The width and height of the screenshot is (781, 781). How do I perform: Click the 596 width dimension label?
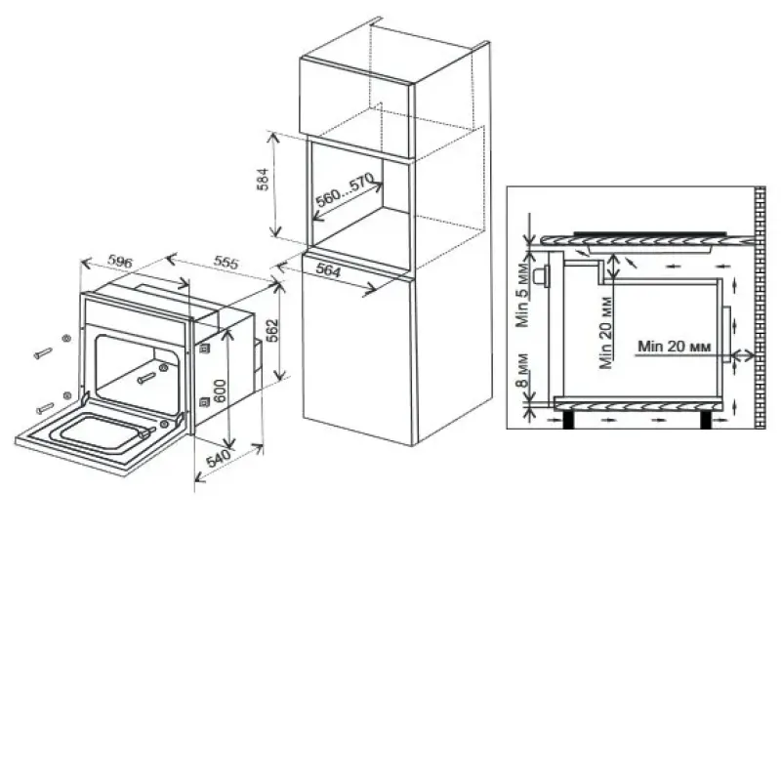120,261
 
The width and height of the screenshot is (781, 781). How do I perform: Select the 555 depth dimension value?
226,262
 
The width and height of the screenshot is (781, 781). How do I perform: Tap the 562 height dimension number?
272,330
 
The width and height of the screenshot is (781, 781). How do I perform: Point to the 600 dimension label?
220,392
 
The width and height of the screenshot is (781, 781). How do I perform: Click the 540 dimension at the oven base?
219,458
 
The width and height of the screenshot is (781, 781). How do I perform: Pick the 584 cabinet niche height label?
263,180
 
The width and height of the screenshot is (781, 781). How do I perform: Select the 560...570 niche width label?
345,189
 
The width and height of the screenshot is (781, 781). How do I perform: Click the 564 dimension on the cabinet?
328,270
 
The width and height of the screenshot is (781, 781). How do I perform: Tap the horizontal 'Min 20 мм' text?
674,346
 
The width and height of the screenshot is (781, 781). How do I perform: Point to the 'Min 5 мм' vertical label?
522,295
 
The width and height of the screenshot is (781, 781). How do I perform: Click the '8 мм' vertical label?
522,370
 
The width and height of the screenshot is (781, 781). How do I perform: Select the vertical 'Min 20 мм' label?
606,333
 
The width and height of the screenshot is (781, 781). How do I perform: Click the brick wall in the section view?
760,308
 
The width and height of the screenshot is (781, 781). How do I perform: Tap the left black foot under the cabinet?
568,420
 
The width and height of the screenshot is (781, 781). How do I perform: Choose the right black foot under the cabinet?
705,420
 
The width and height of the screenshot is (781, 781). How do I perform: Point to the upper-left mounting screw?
43,353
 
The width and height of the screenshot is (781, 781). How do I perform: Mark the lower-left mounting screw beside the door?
45,408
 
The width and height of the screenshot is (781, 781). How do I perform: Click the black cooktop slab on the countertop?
650,233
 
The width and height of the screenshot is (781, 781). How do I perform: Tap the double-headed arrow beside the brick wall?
743,355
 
